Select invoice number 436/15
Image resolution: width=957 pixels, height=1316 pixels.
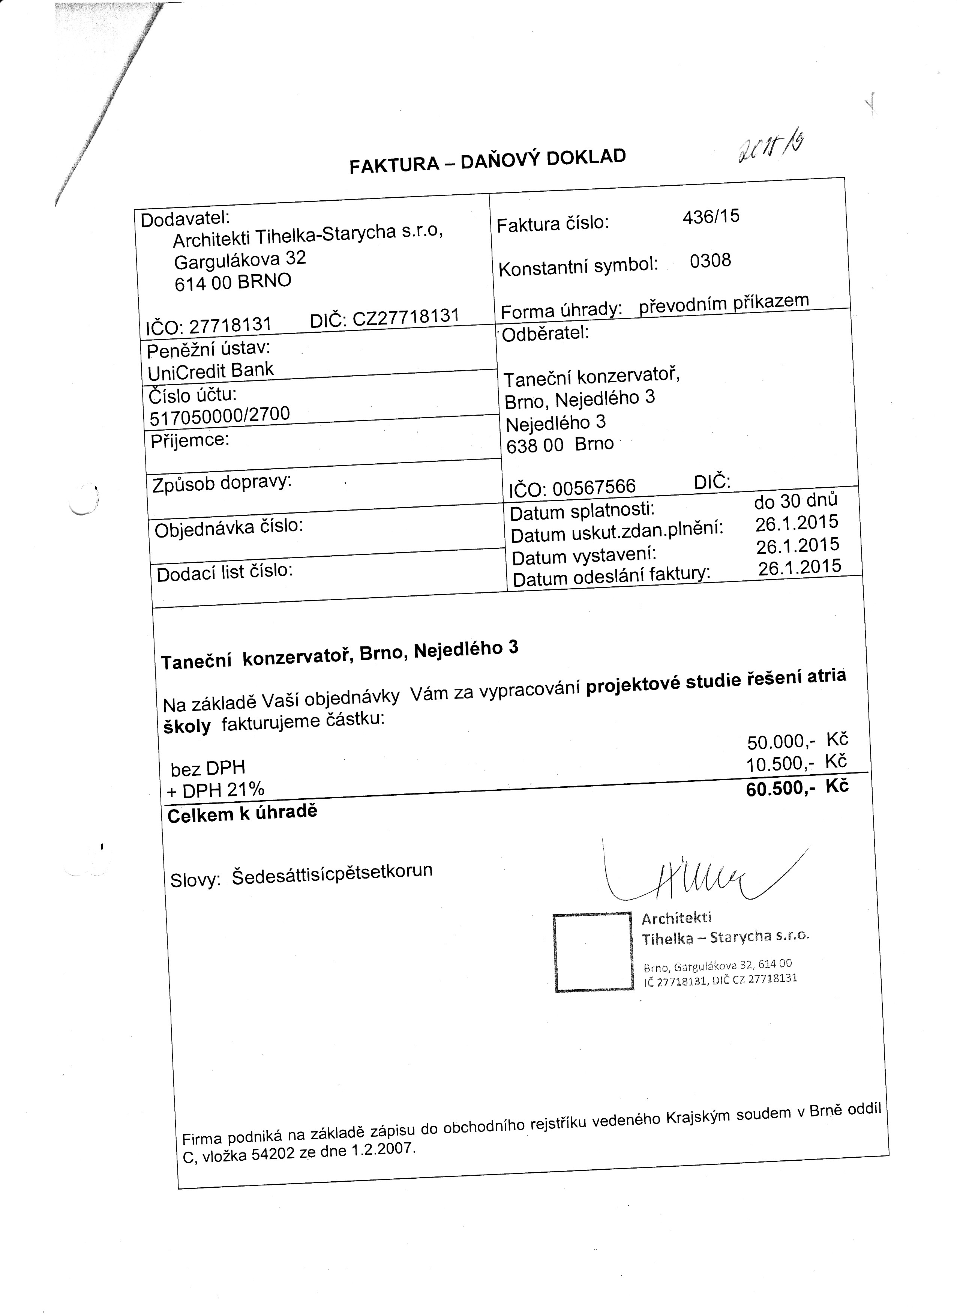pos(711,217)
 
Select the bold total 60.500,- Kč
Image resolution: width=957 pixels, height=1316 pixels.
pos(797,788)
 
